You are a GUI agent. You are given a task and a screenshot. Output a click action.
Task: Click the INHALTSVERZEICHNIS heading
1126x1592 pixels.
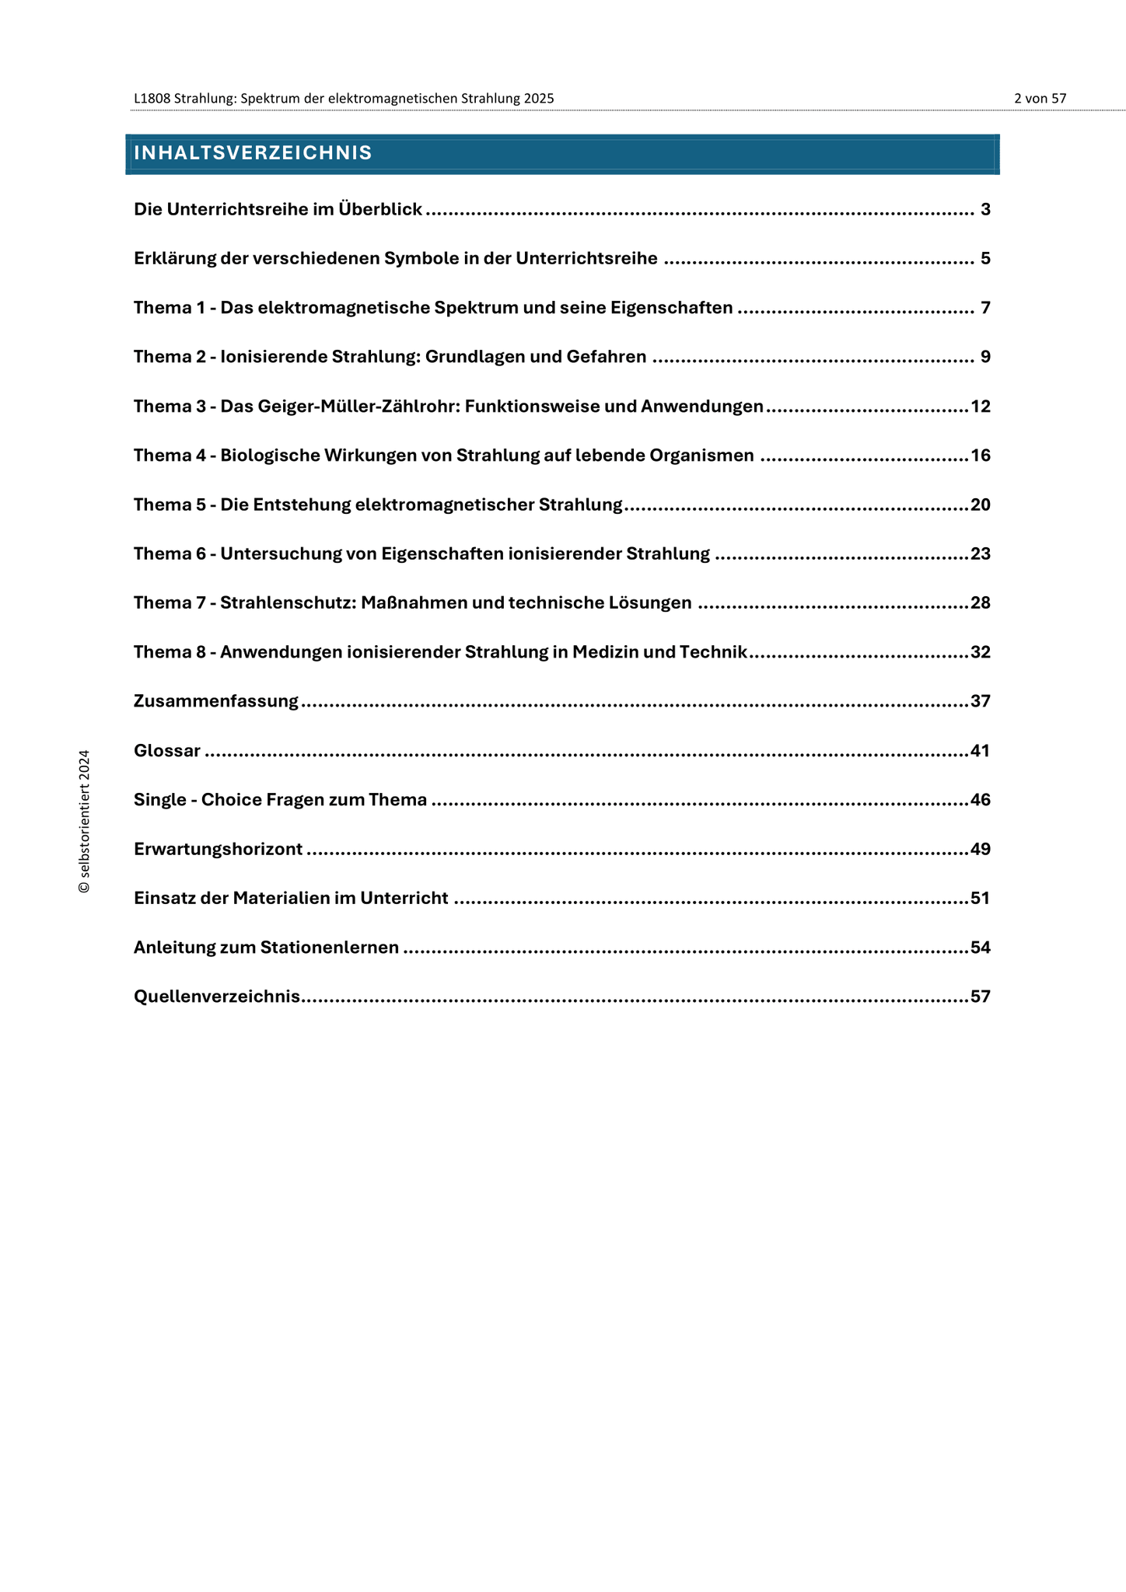pos(253,153)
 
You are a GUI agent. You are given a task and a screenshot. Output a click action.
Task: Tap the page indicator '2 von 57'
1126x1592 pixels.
pos(1040,99)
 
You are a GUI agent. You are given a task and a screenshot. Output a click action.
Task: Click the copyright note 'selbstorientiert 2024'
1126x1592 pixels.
pos(84,821)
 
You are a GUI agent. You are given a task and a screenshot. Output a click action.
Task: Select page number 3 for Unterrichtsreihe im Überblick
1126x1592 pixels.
pos(985,210)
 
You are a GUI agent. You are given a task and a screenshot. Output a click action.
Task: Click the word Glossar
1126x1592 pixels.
pos(167,751)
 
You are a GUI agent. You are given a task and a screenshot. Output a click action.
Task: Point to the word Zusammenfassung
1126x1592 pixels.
pos(216,701)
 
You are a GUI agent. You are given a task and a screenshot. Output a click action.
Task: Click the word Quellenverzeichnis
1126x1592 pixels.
pos(217,997)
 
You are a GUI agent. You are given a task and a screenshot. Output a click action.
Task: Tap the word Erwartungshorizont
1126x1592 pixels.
pos(218,849)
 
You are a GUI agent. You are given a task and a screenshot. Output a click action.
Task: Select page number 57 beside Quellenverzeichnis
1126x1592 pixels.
pos(981,997)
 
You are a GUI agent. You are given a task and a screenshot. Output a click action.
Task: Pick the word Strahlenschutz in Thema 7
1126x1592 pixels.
pos(288,603)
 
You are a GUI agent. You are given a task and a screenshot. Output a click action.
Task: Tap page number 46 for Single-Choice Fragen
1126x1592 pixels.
pos(981,800)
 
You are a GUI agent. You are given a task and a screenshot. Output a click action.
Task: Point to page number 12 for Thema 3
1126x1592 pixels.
pos(981,407)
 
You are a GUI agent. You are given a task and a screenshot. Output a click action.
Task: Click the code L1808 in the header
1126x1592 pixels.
pos(152,99)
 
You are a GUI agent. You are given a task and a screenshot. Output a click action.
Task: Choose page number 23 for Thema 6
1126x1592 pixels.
pos(981,554)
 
